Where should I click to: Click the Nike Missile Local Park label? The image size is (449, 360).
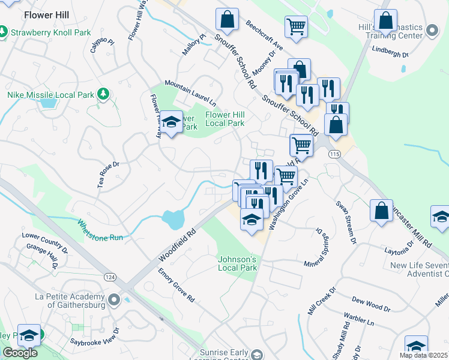[50, 95]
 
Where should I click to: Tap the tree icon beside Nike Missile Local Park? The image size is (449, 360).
[104, 94]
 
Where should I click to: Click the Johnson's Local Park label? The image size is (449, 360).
[237, 263]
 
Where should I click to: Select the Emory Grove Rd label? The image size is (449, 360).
[176, 285]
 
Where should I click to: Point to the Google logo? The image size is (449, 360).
[20, 353]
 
